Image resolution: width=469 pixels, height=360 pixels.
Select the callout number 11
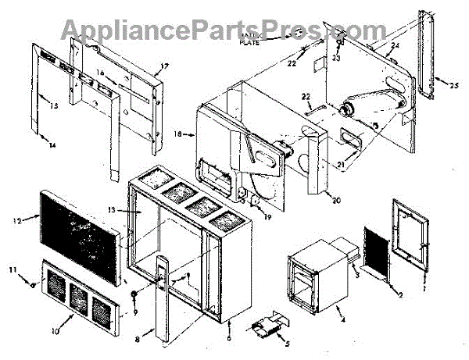(13, 269)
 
